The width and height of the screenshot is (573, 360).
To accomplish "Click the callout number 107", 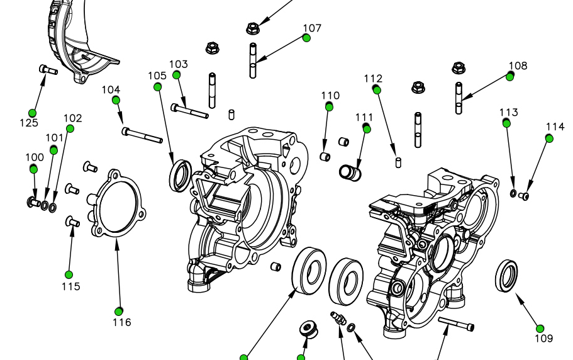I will (312, 28).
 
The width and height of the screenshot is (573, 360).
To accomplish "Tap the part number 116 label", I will (122, 322).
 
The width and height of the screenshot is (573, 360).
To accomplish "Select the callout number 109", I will (544, 338).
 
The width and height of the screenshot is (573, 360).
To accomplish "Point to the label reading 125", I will (29, 122).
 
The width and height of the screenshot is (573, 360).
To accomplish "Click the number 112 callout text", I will (373, 79).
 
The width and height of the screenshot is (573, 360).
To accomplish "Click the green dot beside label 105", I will (157, 86).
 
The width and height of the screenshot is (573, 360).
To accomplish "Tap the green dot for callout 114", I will (550, 138).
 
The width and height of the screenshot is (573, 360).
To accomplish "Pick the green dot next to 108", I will (511, 76).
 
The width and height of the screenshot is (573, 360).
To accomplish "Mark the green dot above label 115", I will (69, 274).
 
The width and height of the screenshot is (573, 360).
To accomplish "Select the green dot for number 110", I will (329, 106).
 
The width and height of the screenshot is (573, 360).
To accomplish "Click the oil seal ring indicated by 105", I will (181, 174).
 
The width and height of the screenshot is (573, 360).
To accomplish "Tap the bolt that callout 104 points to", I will (144, 135).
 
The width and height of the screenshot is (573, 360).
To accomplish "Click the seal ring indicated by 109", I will (507, 275).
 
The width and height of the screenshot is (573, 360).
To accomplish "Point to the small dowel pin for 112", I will (398, 162).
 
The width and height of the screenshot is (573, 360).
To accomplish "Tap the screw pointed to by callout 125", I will (48, 69).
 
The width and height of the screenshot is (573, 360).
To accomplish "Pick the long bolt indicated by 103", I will (189, 111).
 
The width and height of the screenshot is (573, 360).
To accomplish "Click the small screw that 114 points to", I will (524, 196).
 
